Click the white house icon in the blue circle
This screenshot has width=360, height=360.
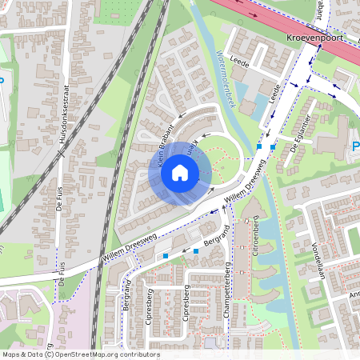[x=180, y=172]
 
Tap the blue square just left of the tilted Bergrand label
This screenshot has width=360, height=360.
[x=196, y=251]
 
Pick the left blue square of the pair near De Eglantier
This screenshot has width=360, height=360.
[x=259, y=146]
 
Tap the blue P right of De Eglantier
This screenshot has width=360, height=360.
[x=354, y=146]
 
